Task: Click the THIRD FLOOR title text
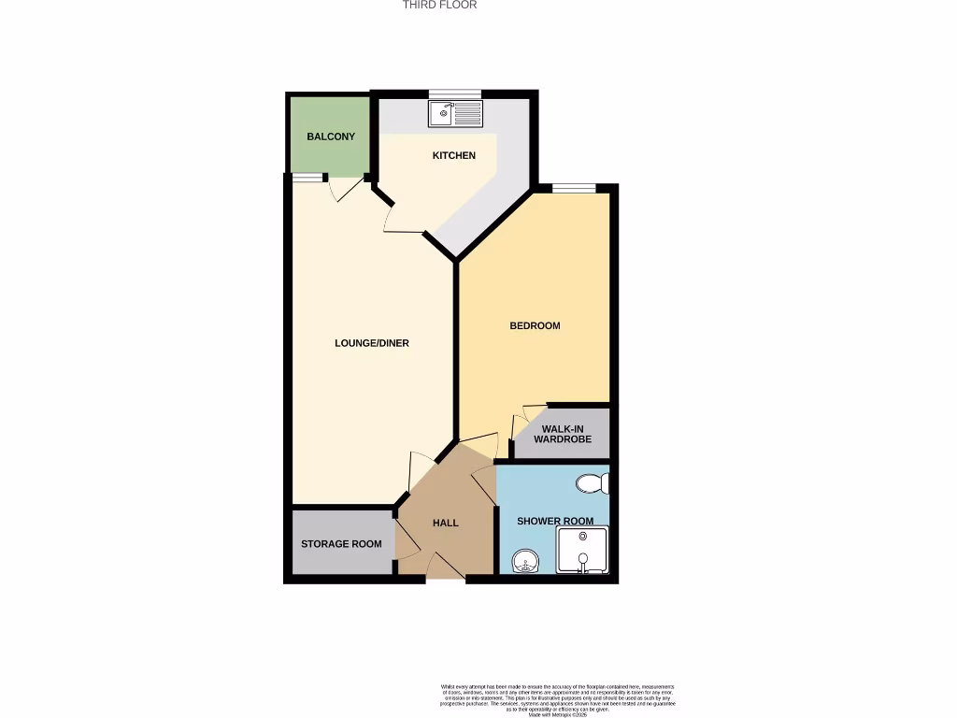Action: click(439, 5)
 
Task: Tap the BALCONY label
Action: click(331, 136)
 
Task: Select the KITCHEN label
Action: click(453, 155)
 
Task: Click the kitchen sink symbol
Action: click(455, 113)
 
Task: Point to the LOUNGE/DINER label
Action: click(372, 343)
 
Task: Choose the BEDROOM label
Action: click(535, 325)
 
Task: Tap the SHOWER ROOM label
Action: click(555, 521)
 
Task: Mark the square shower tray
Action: click(583, 551)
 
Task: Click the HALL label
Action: click(445, 523)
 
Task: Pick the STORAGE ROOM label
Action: click(341, 544)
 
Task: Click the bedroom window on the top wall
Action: click(573, 188)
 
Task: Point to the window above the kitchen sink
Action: click(455, 93)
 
